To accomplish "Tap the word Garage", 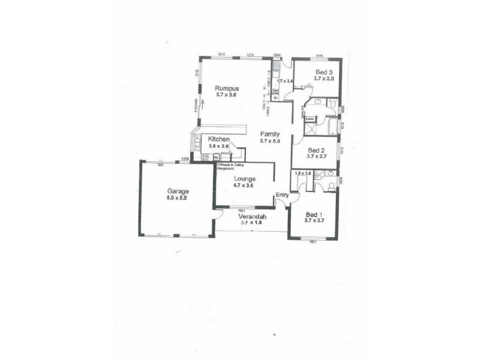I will click(x=178, y=190).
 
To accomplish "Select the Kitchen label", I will click(x=218, y=139).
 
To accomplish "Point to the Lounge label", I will click(x=245, y=179).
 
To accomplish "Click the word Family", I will click(x=271, y=134).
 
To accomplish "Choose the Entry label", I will click(x=282, y=194).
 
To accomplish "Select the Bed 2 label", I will click(x=316, y=150).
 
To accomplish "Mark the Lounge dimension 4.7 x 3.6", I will click(x=245, y=185).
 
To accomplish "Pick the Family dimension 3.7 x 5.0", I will click(x=271, y=141).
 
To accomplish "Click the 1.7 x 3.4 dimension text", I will click(x=285, y=80).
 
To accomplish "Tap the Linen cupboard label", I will click(x=310, y=119).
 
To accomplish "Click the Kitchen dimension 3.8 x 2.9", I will click(x=218, y=146).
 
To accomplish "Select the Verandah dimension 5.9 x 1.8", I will click(x=250, y=223).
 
